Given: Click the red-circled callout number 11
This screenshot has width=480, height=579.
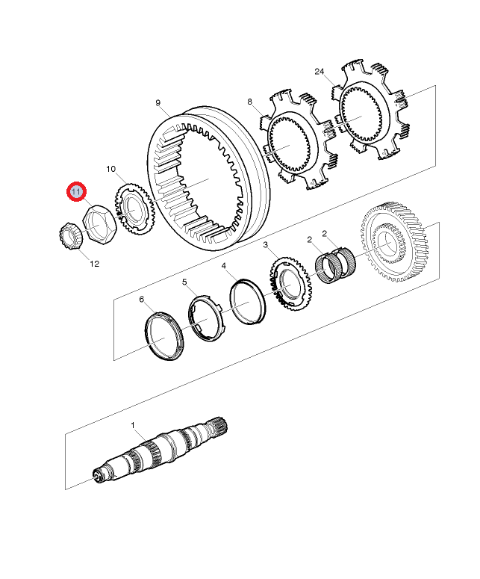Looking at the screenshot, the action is [76, 192].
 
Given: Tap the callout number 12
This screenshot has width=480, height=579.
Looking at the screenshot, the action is [95, 264].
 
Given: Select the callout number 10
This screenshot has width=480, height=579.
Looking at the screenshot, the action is [110, 169].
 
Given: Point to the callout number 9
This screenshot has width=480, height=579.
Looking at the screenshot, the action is [158, 102].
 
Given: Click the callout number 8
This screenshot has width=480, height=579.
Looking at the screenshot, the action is [250, 101].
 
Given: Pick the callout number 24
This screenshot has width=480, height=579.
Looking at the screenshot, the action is [320, 71].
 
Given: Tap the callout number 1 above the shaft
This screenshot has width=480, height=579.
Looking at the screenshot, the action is [133, 425].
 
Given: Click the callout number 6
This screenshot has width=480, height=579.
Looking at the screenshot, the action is [141, 299].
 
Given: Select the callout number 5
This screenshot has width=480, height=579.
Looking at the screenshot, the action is [184, 282].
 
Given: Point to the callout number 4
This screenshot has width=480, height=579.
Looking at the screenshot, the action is [224, 265].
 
